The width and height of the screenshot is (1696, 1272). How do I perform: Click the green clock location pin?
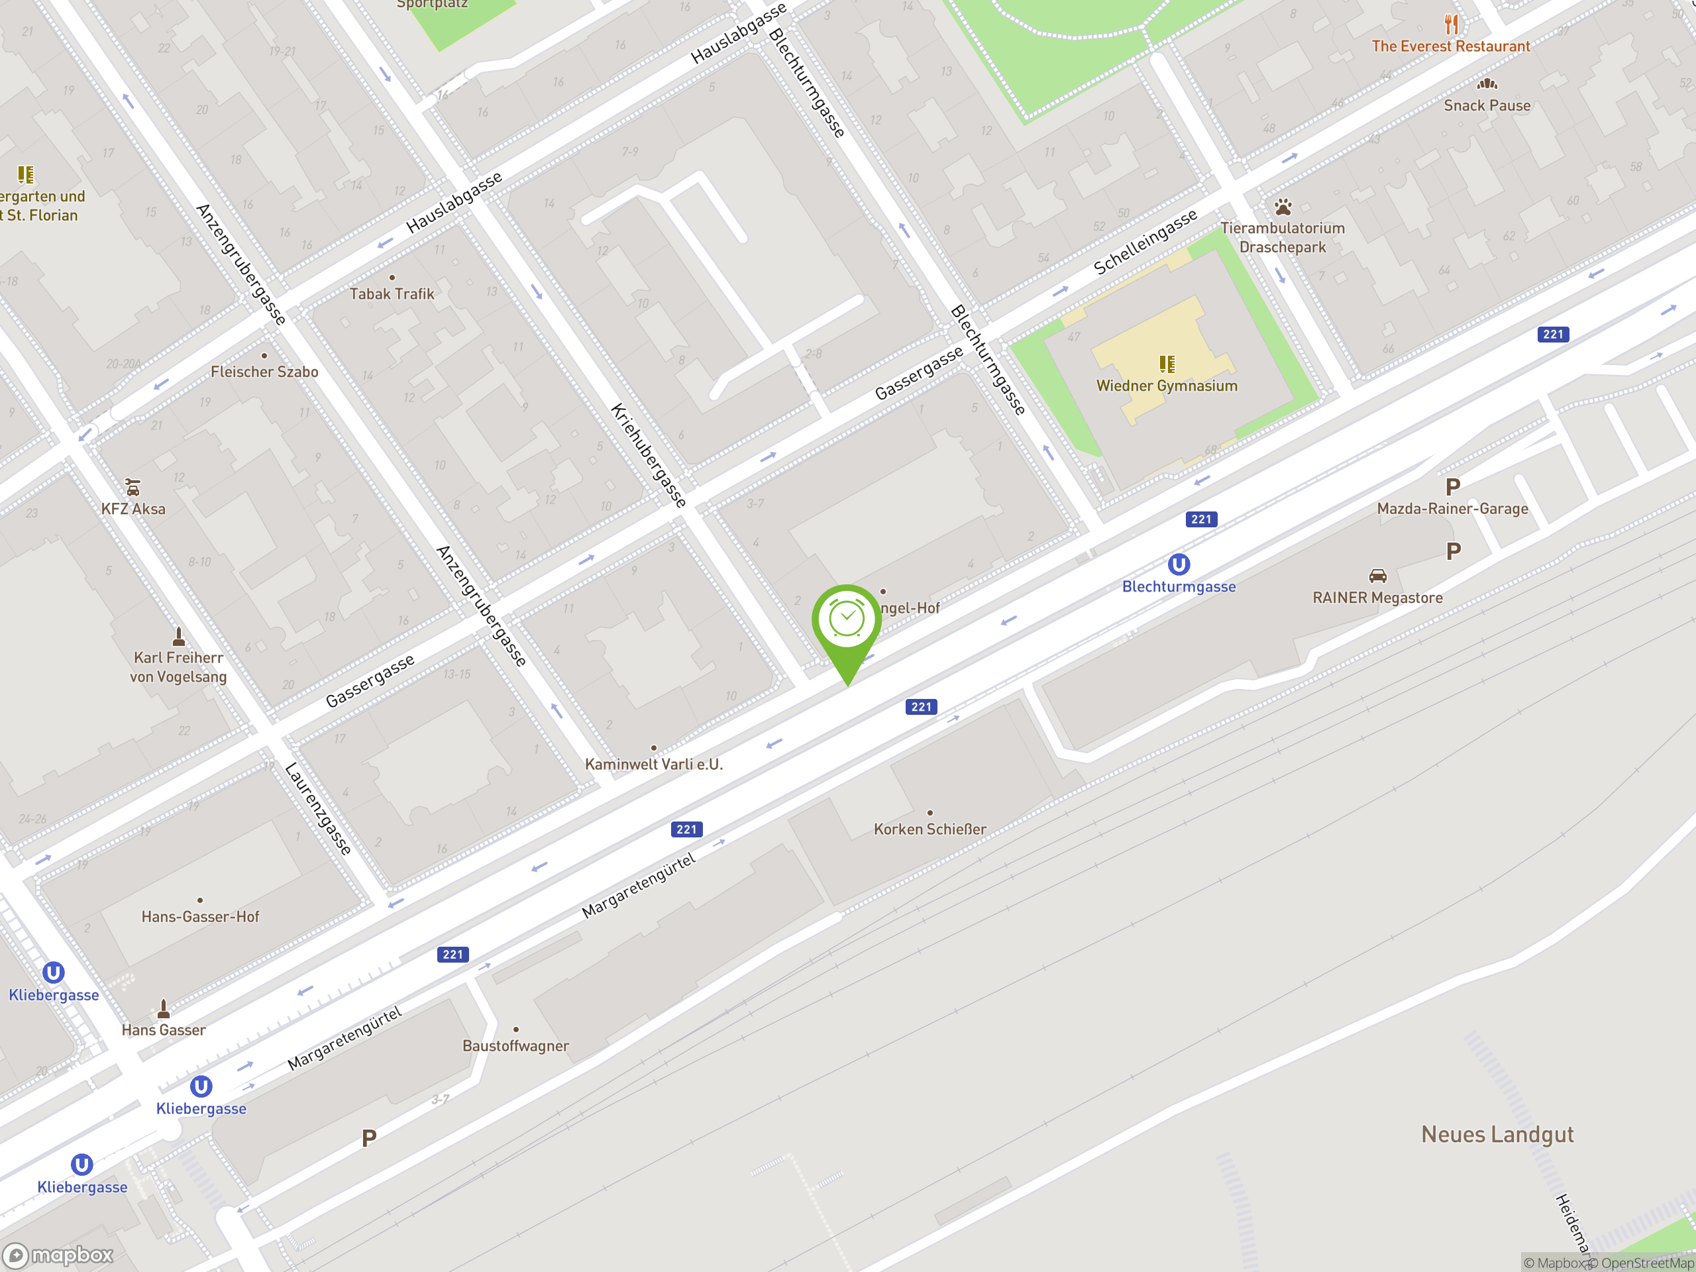pos(847,620)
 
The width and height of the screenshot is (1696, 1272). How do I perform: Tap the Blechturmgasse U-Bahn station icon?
pos(1179,565)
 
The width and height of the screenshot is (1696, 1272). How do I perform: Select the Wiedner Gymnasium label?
pos(1166,386)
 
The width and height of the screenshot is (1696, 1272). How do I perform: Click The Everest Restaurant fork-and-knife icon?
pos(1451,25)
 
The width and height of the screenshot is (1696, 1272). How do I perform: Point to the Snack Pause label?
pos(1487,106)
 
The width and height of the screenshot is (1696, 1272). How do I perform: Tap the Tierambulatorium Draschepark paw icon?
pos(1283,207)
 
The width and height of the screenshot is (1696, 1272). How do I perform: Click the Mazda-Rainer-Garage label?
pos(1452,508)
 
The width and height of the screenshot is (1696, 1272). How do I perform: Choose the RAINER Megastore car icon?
pos(1377,576)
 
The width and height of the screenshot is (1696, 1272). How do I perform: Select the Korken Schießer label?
pos(929,829)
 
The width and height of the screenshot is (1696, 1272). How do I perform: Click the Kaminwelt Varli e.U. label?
pos(653,764)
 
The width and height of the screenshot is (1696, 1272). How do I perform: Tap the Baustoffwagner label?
pos(515,1046)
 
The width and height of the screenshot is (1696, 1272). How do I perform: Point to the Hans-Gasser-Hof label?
pos(200,916)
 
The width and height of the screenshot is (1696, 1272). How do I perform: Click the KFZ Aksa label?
pos(132,509)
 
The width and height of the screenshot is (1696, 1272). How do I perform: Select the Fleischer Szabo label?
pos(264,372)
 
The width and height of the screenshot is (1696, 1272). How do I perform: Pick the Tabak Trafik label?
pos(391,293)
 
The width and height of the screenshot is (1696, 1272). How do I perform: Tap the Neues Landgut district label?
pos(1497,1134)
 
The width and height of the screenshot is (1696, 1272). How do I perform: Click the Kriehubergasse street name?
pos(648,455)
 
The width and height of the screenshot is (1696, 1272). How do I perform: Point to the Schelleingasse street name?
pos(1145,242)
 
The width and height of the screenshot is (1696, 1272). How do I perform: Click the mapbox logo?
pos(59,1255)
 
